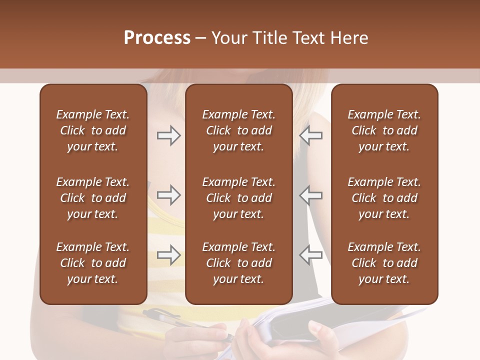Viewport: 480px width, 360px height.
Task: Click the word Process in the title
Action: [157, 38]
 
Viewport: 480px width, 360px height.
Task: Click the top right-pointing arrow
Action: [168, 135]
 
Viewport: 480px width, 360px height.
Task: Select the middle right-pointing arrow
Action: [168, 195]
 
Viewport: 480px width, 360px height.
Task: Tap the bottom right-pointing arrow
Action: [168, 255]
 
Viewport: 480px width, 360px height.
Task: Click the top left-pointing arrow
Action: [311, 135]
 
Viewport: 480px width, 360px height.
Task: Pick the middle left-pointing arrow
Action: [311, 195]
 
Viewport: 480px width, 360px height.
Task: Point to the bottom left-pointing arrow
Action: [311, 255]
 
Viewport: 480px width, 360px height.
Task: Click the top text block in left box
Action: [93, 130]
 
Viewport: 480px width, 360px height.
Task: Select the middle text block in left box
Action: [93, 198]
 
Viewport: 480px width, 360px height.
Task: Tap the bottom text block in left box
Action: [93, 263]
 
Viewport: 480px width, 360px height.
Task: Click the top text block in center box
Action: [238, 130]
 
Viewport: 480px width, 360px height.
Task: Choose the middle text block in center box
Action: [238, 198]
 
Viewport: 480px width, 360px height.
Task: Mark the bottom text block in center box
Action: [238, 263]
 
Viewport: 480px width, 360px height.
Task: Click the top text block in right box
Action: [384, 130]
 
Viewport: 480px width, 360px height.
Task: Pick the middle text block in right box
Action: [384, 198]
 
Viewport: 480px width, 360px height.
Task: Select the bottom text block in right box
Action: [384, 263]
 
